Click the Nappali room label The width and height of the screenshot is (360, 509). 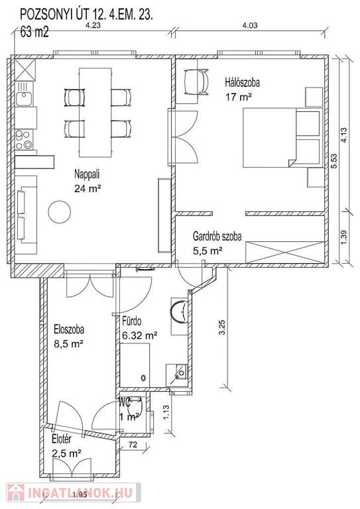point(87,174)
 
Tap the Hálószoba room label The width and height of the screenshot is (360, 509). point(243,82)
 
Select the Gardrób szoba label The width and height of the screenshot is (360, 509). point(217,236)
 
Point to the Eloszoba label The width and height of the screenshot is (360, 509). point(69,329)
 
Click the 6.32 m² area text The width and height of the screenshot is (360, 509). point(140,335)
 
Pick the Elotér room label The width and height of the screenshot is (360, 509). point(62,439)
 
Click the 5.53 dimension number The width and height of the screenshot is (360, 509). point(334,160)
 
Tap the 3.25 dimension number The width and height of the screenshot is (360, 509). point(222,328)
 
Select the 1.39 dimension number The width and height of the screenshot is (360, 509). point(344,238)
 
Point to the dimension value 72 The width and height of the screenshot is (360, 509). point(133,445)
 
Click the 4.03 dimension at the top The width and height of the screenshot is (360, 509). point(250,25)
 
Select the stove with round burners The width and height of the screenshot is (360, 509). point(24,140)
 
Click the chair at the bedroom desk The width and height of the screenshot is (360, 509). point(196,82)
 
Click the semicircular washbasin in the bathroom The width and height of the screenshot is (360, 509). point(178,311)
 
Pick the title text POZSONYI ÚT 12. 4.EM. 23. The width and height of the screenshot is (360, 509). point(86,15)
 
